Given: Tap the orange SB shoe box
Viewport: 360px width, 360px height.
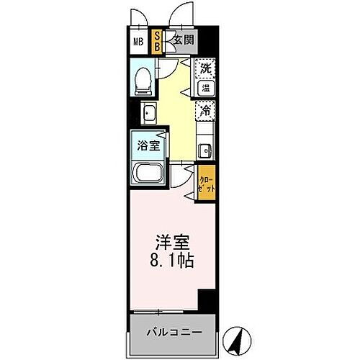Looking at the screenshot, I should coord(158,40).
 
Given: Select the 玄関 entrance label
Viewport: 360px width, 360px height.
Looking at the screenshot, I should coord(181,40).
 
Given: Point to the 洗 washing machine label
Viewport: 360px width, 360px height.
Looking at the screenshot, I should coord(206,70).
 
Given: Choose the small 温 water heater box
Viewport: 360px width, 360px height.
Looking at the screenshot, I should coord(205,89).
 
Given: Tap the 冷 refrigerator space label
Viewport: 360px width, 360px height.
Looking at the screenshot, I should coord(205,111).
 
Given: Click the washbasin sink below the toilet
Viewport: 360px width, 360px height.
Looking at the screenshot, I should coord(150,113).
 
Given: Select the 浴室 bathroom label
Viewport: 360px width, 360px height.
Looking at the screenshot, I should coord(149,145).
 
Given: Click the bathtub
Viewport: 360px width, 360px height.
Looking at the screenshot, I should coord(149,174).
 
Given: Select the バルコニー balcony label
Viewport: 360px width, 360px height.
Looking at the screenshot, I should coord(173,332).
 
